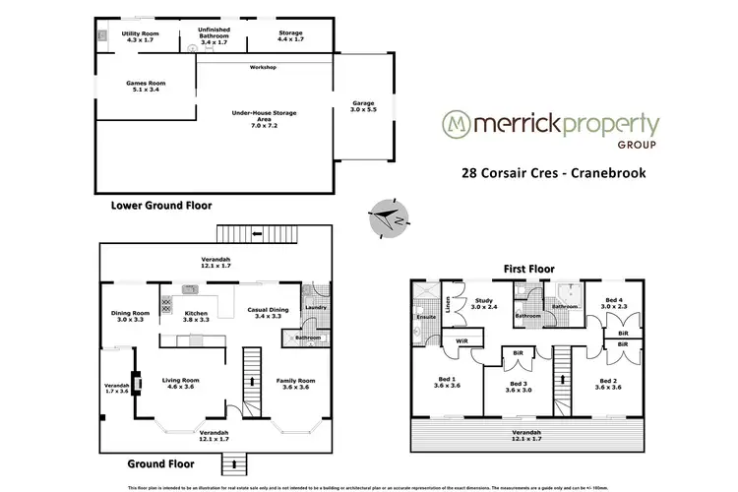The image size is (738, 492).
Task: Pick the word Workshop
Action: [x=263, y=67]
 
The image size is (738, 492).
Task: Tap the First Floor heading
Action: [x=527, y=267]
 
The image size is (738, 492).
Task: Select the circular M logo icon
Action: [x=454, y=126]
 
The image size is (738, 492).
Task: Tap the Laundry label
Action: [x=315, y=307]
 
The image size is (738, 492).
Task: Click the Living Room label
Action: [x=180, y=382]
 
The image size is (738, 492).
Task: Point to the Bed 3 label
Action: [x=520, y=386]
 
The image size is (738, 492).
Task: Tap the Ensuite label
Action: [x=425, y=318]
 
